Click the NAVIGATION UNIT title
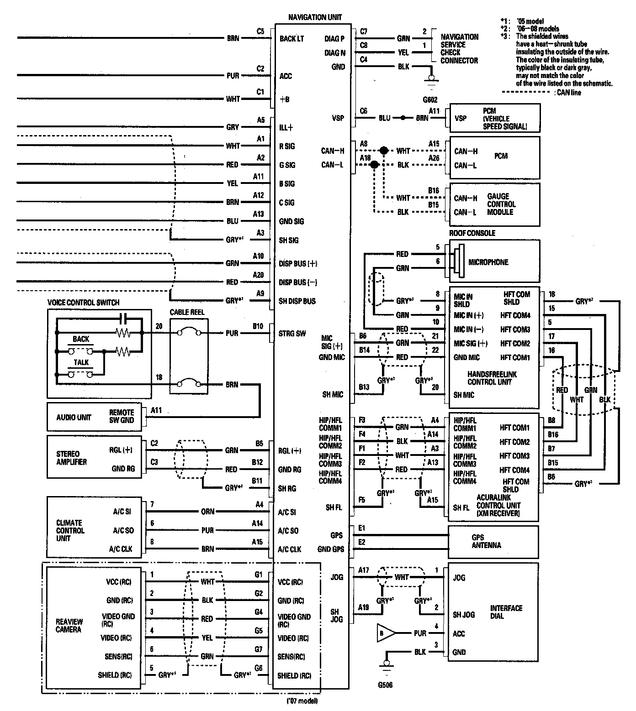click(x=315, y=17)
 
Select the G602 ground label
click(x=430, y=99)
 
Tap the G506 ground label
click(x=385, y=685)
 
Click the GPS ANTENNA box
click(x=486, y=541)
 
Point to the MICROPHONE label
click(x=488, y=262)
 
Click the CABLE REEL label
click(x=187, y=313)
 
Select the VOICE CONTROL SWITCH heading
click(x=84, y=303)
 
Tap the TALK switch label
click(x=81, y=362)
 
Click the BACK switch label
click(x=81, y=339)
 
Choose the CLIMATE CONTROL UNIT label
click(x=70, y=530)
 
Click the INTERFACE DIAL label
click(x=506, y=612)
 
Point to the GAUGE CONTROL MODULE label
click(x=501, y=204)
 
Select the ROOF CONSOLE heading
click(x=472, y=233)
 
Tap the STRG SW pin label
click(x=292, y=334)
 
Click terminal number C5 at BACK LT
click(x=260, y=31)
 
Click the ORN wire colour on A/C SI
click(x=207, y=512)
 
